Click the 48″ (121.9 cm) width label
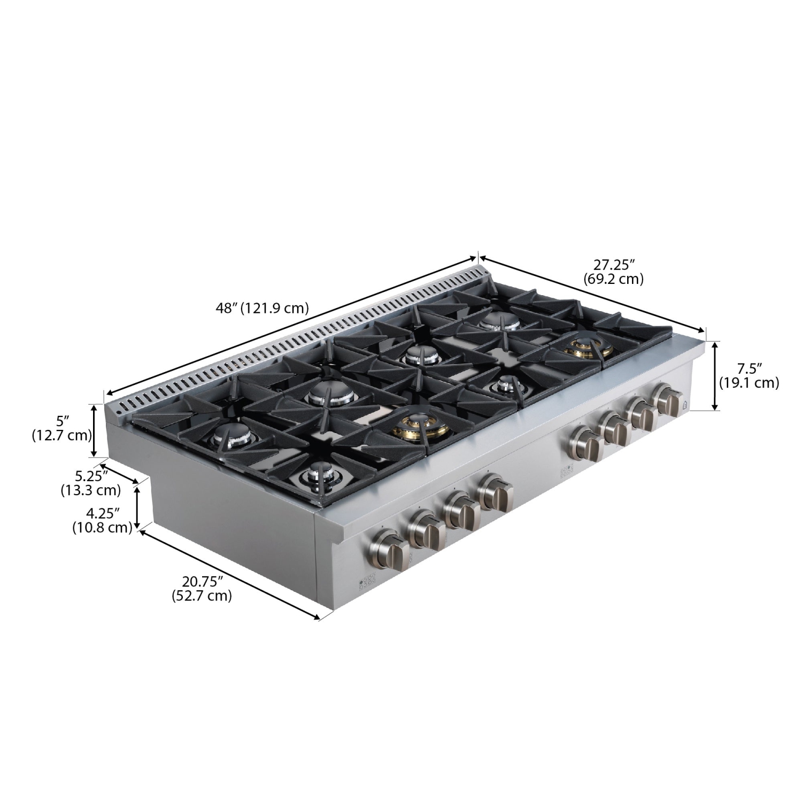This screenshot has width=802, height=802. tap(262, 308)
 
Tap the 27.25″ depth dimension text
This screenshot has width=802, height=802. tap(613, 271)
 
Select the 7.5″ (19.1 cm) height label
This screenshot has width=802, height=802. tap(748, 375)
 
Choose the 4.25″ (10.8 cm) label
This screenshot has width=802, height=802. tap(102, 520)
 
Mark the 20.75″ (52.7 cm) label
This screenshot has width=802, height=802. tap(202, 588)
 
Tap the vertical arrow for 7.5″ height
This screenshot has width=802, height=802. tap(714, 375)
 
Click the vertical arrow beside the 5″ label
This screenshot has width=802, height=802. tap(95, 430)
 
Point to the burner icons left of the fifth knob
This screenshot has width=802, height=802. tap(565, 470)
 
